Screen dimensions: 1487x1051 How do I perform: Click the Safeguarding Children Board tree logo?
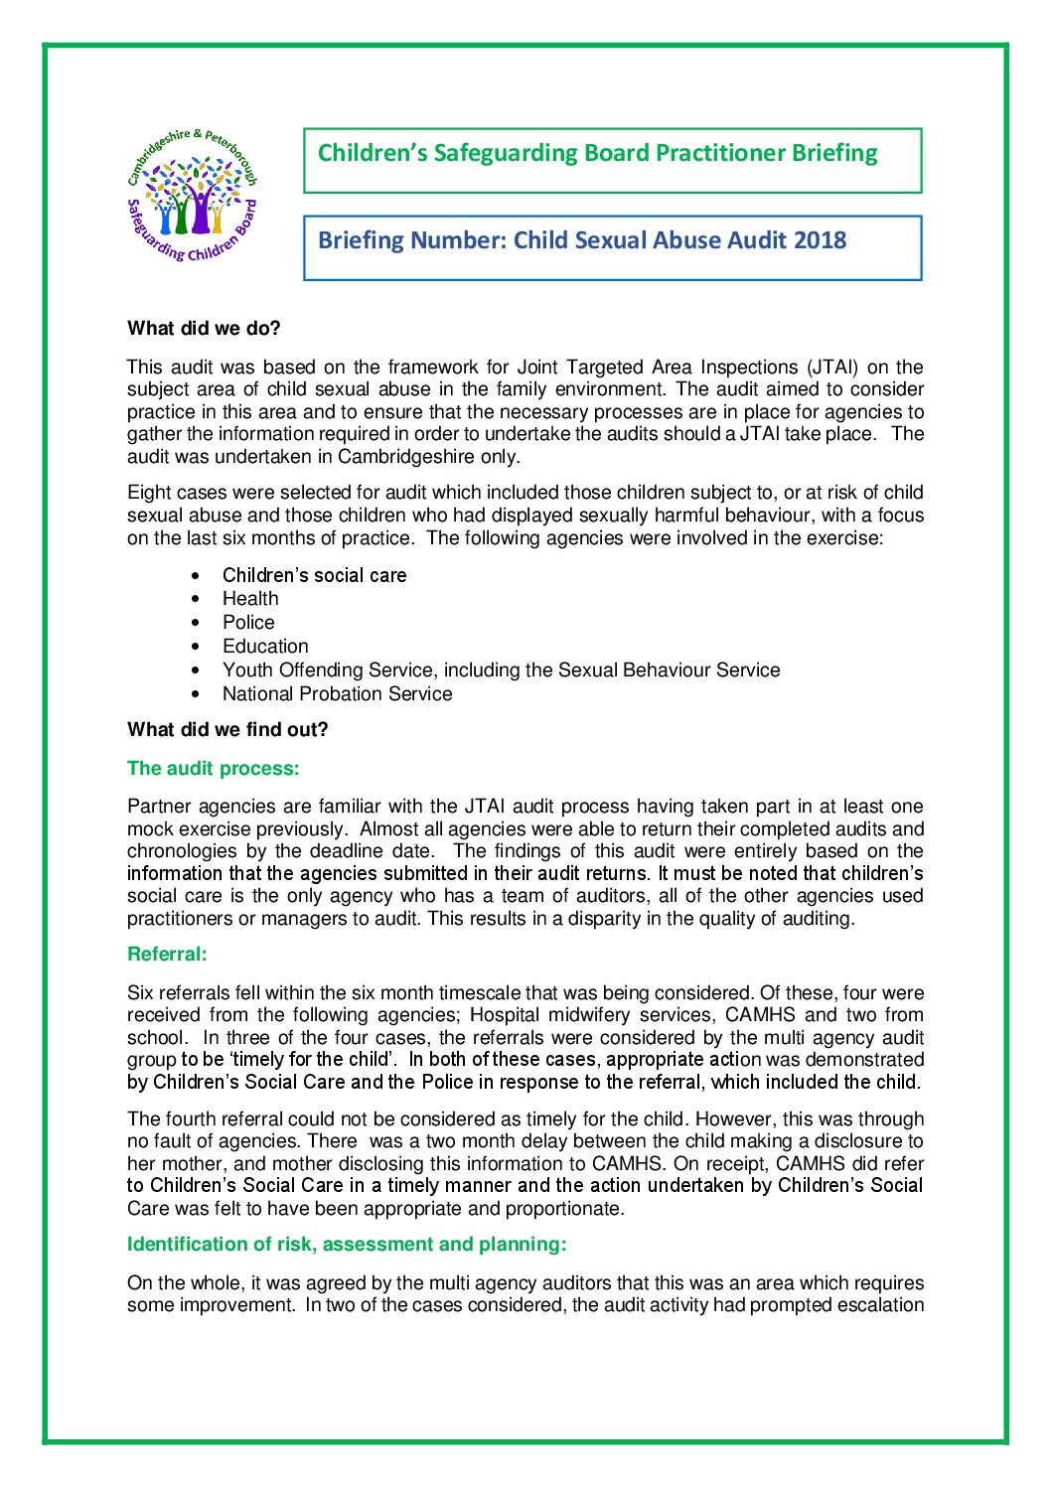click(193, 196)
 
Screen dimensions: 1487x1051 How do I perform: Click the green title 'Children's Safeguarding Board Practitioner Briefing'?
click(597, 153)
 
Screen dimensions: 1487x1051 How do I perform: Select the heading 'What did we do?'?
click(204, 329)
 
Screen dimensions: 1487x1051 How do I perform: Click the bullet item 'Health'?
click(250, 599)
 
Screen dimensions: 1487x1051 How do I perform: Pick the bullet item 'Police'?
click(248, 623)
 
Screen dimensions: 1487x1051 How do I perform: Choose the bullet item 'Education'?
click(265, 647)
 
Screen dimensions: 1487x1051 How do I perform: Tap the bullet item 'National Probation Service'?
click(337, 694)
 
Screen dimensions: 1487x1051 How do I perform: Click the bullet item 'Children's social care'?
click(314, 575)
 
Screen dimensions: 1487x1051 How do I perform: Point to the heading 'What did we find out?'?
click(227, 730)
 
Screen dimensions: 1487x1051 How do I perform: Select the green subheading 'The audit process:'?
click(213, 769)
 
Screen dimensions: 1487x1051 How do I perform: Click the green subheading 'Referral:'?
click(167, 955)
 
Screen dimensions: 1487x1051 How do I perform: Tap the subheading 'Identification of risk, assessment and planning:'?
click(347, 1245)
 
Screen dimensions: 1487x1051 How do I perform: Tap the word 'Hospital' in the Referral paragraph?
click(505, 1015)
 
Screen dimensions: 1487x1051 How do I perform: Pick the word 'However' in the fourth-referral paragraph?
click(729, 1119)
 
